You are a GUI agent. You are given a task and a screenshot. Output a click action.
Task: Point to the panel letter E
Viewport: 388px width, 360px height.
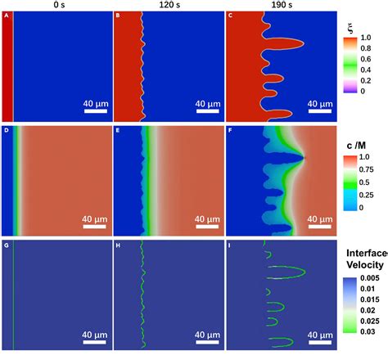tap(119, 130)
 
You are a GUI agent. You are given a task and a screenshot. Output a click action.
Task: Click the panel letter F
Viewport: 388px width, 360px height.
tap(230, 130)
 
